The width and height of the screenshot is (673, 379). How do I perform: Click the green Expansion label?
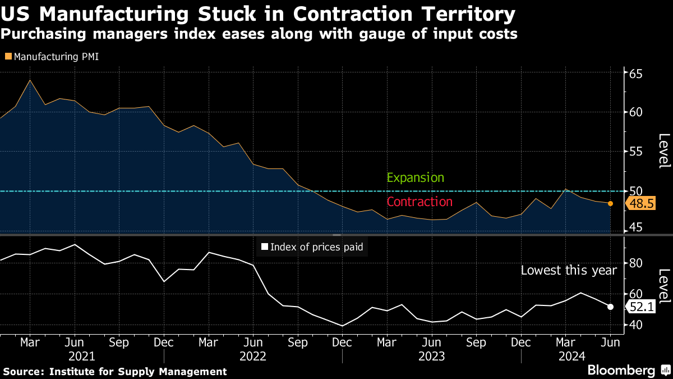click(416, 178)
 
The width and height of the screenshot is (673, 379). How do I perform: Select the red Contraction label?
click(420, 202)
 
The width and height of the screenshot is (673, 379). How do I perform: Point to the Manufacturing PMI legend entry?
click(52, 57)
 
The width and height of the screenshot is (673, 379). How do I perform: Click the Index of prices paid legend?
click(312, 247)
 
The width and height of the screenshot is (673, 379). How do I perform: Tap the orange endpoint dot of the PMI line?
click(610, 204)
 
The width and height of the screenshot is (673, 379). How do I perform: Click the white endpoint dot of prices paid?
click(610, 307)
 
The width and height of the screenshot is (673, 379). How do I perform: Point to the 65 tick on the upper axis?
click(635, 74)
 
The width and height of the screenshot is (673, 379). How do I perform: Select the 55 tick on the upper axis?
click(635, 151)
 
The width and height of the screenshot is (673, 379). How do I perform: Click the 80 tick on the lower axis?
click(635, 263)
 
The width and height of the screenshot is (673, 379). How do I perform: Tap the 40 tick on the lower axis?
click(635, 325)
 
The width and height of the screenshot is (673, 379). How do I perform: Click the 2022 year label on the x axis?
click(253, 356)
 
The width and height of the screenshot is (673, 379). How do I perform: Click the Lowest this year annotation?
click(569, 271)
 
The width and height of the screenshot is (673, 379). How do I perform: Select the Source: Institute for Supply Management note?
click(115, 372)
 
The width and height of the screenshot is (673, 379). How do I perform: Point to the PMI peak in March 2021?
click(30, 80)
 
